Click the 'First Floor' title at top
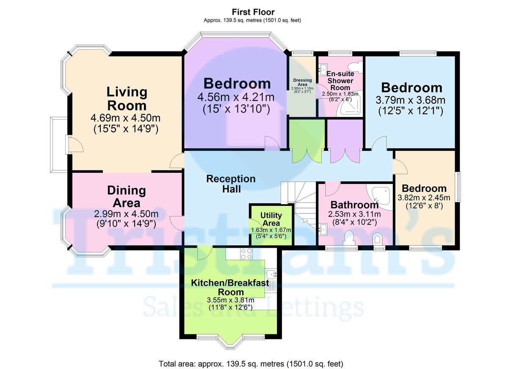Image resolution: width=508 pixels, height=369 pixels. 253,12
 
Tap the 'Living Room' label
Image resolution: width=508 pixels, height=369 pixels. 127,98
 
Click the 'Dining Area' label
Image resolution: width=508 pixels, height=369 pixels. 126,197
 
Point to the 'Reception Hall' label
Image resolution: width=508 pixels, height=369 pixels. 231,183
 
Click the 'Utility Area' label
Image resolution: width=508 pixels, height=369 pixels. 271,219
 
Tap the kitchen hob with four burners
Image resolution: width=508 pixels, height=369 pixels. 246,254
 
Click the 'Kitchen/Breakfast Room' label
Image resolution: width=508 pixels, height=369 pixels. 230,287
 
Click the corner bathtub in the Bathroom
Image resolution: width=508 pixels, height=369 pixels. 381,195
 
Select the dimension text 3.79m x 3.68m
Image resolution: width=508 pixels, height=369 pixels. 411,100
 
